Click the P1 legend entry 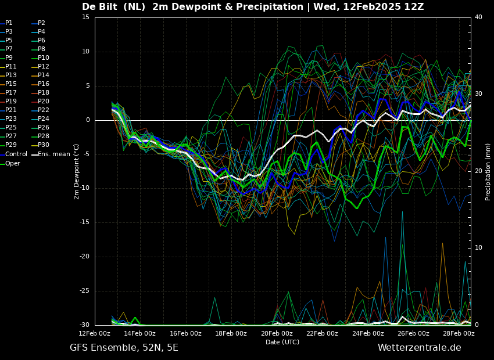tap(6, 23)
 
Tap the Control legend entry tap(13, 154)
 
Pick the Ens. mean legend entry tap(51, 154)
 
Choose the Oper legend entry tap(10, 163)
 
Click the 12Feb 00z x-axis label tap(95, 333)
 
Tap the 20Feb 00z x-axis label tap(277, 333)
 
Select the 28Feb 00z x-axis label tap(459, 333)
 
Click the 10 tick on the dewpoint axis tap(86, 52)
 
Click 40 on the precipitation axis tap(478, 17)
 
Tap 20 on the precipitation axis tap(478, 171)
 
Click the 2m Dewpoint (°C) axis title tap(76, 171)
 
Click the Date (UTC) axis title tap(282, 342)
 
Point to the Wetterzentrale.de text tap(420, 348)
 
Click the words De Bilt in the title tap(100, 6)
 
